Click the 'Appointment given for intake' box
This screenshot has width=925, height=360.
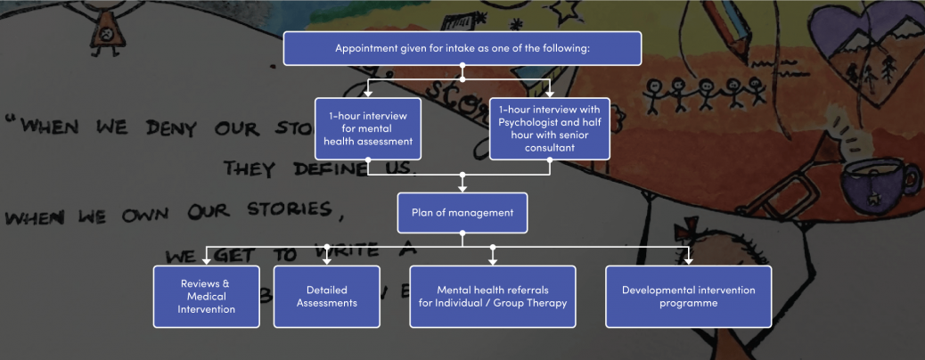click(462, 48)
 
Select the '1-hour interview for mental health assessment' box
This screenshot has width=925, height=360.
click(367, 128)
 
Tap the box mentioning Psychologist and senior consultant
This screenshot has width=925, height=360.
click(549, 128)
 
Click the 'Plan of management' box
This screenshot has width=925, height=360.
click(462, 213)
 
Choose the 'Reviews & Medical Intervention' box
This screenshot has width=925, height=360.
click(206, 297)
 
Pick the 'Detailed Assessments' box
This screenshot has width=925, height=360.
click(326, 297)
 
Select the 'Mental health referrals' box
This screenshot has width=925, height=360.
click(492, 297)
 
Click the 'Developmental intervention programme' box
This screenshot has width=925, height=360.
click(688, 297)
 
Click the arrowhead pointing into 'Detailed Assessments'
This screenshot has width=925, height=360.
click(327, 260)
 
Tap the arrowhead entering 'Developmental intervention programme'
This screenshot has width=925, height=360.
click(688, 260)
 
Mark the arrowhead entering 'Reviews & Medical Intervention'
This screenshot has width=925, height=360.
click(207, 260)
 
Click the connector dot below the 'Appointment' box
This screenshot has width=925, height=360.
click(462, 68)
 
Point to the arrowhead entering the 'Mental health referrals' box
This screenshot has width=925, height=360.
click(492, 260)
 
